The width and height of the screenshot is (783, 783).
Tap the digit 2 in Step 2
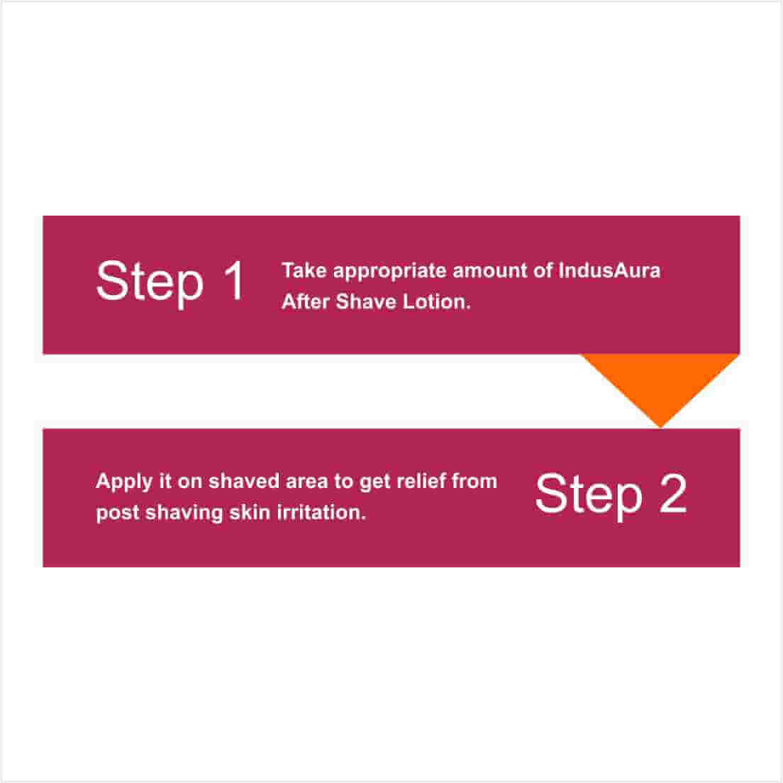673,493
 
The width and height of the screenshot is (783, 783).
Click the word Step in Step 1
150,283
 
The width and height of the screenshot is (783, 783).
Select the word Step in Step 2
588,496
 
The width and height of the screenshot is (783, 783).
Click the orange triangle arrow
660,384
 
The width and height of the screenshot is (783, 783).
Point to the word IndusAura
609,270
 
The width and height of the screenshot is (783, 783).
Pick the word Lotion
436,301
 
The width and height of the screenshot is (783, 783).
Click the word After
306,301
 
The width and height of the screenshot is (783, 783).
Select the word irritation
321,512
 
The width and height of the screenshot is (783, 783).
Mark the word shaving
184,513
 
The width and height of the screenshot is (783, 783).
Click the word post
117,513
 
